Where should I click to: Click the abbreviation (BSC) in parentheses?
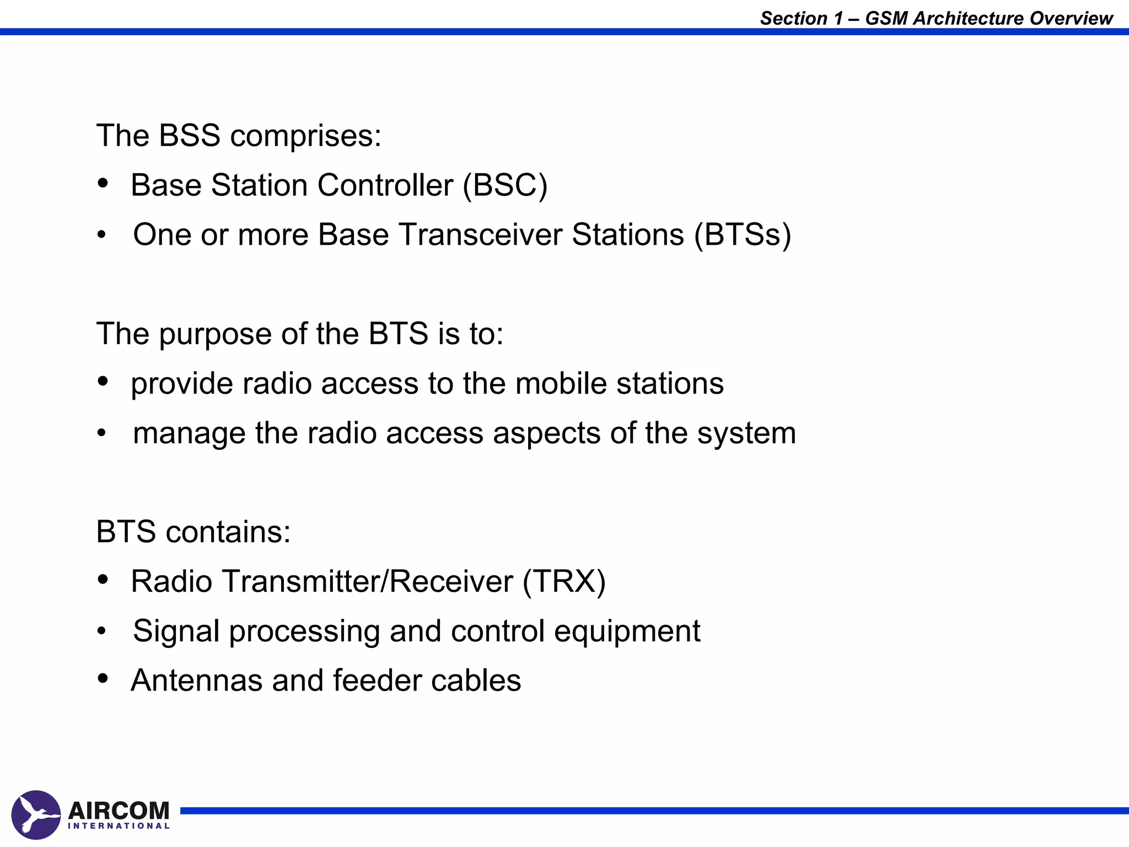505,185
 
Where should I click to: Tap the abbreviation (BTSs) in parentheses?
743,235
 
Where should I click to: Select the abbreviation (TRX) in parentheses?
564,582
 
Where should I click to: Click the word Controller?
385,185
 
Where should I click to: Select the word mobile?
561,383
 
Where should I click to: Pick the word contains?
228,532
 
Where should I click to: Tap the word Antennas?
196,680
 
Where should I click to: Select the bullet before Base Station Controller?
103,184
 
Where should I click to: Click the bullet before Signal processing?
101,631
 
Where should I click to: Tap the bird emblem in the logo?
36,815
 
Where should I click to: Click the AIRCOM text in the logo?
119,811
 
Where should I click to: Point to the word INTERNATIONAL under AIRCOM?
119,826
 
